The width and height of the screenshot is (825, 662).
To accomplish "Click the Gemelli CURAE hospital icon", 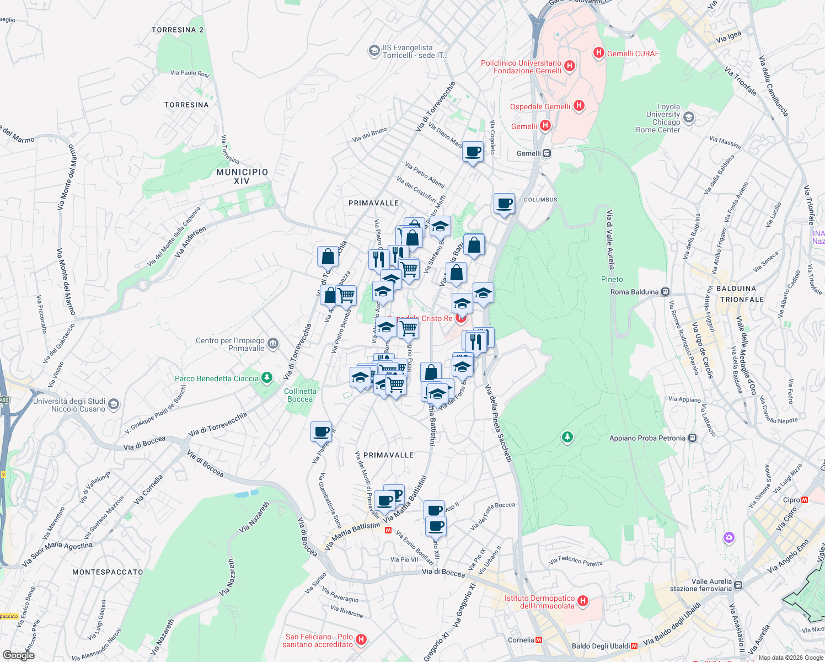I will point(599,53).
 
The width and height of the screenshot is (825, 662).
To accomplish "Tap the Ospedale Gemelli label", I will point(540,106).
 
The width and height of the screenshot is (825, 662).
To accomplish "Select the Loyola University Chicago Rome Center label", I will point(658,118).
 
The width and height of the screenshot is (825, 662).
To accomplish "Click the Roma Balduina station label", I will point(634,292).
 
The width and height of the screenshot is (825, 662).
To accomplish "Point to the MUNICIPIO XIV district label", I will point(242,177).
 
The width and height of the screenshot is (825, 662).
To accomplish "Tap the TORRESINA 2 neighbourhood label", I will point(178,30).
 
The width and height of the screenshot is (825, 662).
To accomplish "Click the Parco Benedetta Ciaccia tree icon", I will point(267,378).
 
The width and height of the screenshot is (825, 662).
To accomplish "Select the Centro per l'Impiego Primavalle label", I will point(231,344).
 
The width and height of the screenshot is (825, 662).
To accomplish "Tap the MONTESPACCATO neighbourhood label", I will point(108,572).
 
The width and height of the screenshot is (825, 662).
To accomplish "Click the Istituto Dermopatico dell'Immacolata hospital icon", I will point(583,601).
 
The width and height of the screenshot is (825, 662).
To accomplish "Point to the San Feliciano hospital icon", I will point(361,640).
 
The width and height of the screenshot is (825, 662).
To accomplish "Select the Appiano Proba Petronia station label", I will point(647,438).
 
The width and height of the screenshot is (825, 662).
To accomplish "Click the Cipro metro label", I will point(791,500).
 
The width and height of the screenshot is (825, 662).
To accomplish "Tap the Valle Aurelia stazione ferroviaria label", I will point(711,585).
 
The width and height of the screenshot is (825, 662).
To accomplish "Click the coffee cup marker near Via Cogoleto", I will point(473,152).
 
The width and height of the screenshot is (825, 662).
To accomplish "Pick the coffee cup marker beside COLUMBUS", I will point(504,204).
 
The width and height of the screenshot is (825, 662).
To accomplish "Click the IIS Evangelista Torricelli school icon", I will point(374,51).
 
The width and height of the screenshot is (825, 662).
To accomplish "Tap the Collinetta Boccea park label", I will point(300,395).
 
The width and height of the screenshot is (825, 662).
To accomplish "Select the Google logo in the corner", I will point(18,655).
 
